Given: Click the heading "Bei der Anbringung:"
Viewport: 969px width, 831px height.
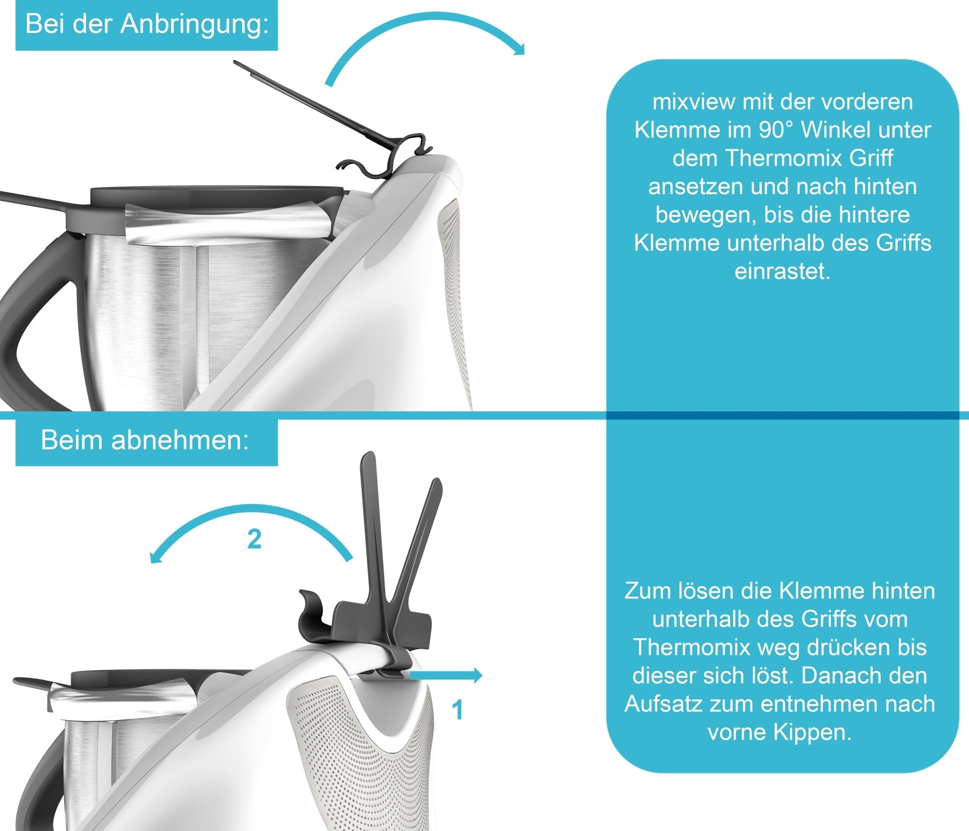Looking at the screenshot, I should [x=147, y=25].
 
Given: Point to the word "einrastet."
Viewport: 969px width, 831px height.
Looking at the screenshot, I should [x=782, y=272].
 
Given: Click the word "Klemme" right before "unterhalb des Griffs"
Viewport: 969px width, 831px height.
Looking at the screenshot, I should [x=678, y=243].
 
